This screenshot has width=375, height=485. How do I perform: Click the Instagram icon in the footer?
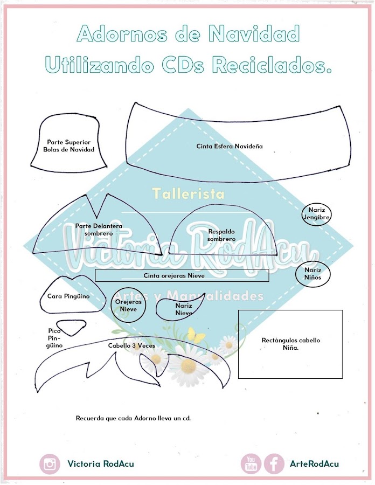pos(50,464)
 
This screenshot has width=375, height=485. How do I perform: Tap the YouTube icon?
pos(251,464)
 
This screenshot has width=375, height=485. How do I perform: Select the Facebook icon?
pos(274,464)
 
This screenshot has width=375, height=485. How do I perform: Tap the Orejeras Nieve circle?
pos(128,306)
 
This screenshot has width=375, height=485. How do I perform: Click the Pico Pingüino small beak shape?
pos(68,326)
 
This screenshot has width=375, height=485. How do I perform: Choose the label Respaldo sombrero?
pos(221,235)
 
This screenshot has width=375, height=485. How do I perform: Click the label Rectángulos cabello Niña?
pos(290,344)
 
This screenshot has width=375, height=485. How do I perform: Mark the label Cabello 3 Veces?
pos(129,345)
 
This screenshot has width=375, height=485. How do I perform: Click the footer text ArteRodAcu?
pos(315,464)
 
